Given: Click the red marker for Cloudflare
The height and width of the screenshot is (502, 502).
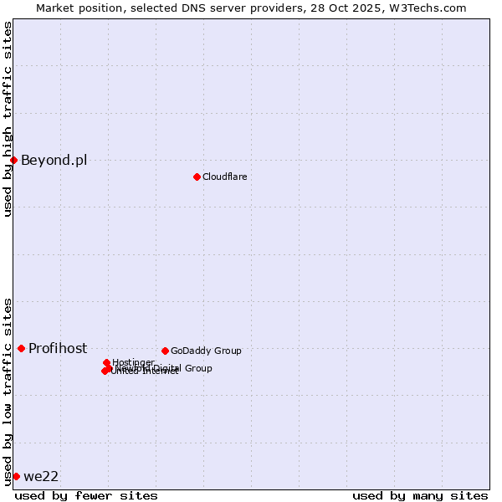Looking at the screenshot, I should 197,177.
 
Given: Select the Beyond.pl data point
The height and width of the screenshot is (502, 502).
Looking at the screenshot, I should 13,160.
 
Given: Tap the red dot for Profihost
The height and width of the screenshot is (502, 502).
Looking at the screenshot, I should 21,348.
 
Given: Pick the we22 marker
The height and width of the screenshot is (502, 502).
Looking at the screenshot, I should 16,476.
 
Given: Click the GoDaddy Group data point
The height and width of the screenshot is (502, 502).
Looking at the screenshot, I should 165,351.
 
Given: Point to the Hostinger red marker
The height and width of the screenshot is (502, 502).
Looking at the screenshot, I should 106,362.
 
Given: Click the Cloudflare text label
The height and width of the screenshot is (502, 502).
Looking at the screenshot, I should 224,177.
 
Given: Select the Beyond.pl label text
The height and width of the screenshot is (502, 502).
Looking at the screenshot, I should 54,160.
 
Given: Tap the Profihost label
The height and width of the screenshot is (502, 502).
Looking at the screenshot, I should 58,348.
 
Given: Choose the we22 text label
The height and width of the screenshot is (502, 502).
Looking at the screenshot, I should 41,476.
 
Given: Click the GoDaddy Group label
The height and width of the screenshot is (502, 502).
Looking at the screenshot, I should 206,351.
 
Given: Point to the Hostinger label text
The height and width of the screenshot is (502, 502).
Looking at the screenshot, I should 133,362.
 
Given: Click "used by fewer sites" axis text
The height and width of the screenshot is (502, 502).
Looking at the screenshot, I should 86,495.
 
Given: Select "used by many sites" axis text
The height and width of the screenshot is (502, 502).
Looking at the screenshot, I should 420,495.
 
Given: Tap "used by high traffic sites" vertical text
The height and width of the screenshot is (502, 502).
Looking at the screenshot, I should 8,119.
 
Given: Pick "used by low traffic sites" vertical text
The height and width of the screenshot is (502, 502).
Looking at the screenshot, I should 8,391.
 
